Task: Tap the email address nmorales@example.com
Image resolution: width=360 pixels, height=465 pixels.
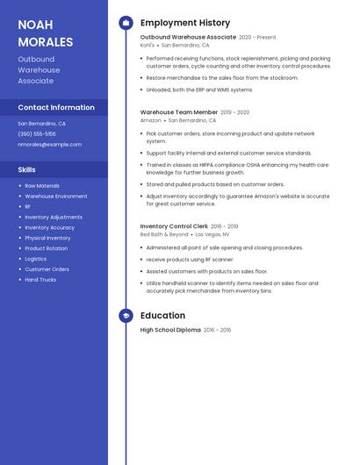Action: tap(49, 144)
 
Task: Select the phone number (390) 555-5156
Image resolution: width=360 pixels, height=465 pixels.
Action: tap(37, 133)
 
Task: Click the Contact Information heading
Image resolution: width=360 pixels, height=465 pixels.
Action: tap(56, 107)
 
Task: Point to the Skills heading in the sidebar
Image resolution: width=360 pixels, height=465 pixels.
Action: tap(26, 169)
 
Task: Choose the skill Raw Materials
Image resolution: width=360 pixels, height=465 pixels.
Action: tap(42, 186)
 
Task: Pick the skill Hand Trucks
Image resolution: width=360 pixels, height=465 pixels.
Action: tap(40, 280)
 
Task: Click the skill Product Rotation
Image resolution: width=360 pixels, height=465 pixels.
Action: tap(46, 248)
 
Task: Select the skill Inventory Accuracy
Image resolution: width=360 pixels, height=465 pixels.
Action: tap(49, 227)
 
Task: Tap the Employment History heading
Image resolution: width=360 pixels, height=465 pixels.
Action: tap(185, 23)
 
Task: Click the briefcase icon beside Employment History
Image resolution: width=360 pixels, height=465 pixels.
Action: tap(126, 23)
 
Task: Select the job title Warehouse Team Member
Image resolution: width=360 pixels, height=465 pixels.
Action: tap(179, 112)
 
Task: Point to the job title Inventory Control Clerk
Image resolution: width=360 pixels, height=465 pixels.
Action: tap(174, 226)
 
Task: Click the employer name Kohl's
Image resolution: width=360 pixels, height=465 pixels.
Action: tap(147, 45)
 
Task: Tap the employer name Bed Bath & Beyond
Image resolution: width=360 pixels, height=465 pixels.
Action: tap(164, 234)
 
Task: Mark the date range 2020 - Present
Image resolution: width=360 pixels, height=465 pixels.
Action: tap(257, 37)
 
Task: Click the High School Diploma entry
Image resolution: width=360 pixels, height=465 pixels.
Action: tap(170, 330)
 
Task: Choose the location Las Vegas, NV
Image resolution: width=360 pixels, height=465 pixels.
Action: tap(212, 234)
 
